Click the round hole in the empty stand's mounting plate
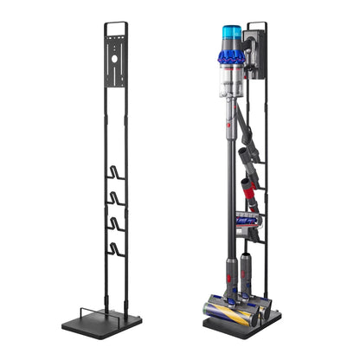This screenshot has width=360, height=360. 115,61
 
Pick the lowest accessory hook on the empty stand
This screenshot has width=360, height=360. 116,251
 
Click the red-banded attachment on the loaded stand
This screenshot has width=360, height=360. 248,186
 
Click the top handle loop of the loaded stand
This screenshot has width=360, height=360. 257,26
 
